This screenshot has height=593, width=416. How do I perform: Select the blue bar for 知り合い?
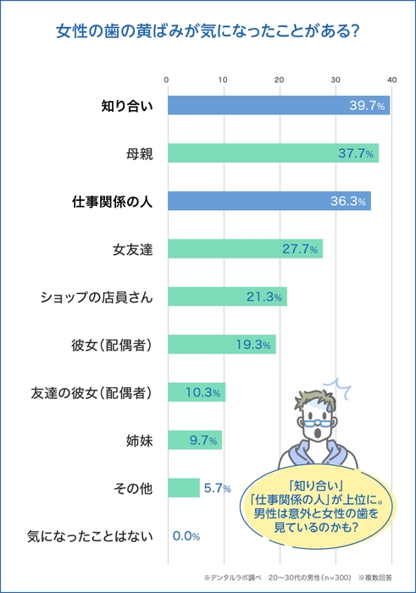coord(278,106)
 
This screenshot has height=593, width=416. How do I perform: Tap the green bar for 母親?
coord(273,153)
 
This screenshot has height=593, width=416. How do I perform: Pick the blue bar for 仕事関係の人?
coord(269,202)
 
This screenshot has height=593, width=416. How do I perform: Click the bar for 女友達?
coord(244,249)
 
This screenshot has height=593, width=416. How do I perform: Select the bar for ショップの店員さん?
coord(226,296)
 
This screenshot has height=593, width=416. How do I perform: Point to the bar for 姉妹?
coord(194,440)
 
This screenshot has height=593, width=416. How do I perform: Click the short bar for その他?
coord(183,488)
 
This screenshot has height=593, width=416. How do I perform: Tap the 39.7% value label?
coord(367,106)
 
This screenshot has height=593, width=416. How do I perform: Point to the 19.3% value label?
coord(252,345)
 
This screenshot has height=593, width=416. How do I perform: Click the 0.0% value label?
coord(186,535)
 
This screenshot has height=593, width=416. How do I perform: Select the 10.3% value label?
coord(204,392)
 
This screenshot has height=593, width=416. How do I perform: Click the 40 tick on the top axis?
coord(391,80)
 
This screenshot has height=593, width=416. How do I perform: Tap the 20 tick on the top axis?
coord(280,80)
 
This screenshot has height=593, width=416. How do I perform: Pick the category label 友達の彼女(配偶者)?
coord(91,392)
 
